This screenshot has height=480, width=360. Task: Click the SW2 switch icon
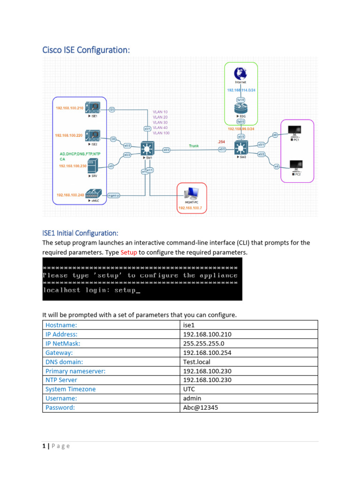241,149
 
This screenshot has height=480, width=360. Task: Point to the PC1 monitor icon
295,131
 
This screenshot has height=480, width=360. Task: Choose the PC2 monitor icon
295,166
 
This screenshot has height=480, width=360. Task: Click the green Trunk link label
194,146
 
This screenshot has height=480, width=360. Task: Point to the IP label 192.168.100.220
69,135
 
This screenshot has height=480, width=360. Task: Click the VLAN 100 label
161,133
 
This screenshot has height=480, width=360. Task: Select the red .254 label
221,141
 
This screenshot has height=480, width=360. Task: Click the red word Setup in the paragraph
128,253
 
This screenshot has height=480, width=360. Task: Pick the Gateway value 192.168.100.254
207,352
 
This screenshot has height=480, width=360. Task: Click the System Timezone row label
70,389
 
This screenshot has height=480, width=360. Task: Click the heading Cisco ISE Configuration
86,50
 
